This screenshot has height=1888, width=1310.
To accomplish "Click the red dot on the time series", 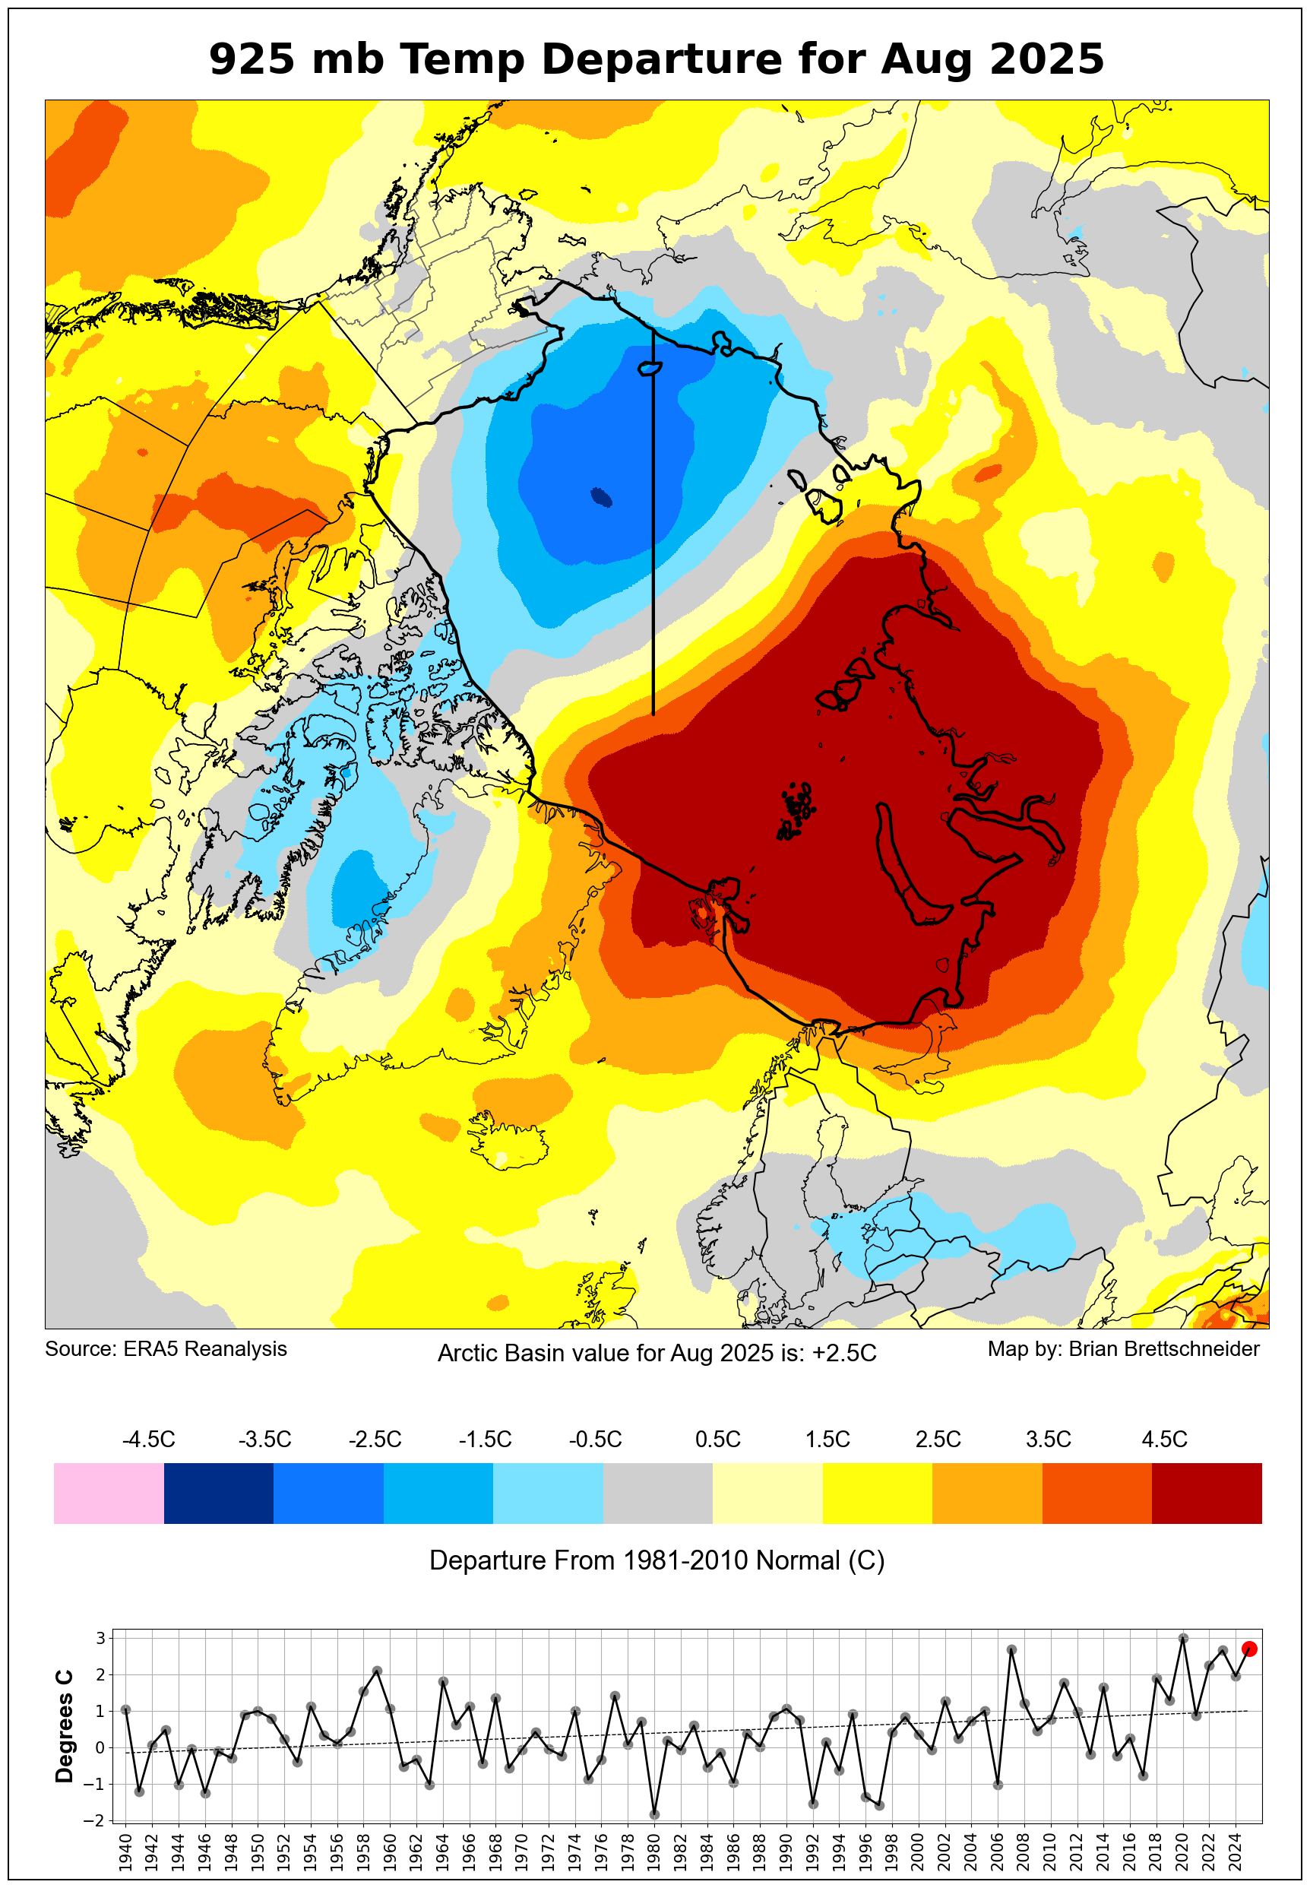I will [1249, 1649].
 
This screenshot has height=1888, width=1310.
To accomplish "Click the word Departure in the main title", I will [663, 59].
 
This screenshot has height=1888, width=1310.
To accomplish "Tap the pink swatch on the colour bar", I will [109, 1494].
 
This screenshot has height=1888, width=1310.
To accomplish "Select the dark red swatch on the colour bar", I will [1207, 1494].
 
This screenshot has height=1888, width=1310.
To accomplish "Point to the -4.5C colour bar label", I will [149, 1439].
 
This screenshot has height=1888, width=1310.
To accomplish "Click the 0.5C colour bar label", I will [717, 1439].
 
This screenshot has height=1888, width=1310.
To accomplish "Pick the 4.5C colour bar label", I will [1164, 1439].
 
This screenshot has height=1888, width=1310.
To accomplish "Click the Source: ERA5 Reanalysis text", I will [166, 1348].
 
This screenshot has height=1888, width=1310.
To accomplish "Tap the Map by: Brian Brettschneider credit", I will [1123, 1348].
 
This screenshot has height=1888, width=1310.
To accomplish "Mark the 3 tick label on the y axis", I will [100, 1639].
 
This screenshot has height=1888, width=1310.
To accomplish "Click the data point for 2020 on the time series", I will [1183, 1639].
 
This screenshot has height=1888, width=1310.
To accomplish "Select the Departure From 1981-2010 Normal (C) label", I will [657, 1560].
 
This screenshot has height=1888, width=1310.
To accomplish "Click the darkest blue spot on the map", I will [602, 497].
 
